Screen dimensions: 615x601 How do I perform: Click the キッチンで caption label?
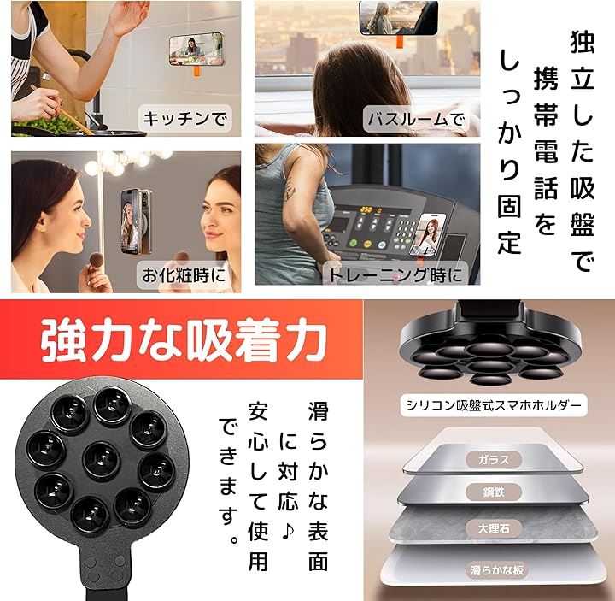(x=184, y=119)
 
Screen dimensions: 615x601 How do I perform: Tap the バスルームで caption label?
(x=416, y=119)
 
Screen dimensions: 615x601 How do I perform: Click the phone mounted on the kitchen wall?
(x=196, y=50)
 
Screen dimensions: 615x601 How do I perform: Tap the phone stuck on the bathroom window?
(x=399, y=18)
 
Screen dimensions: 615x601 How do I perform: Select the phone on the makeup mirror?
(x=136, y=221)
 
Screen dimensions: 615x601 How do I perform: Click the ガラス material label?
(x=494, y=460)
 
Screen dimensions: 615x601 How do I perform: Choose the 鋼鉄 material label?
(x=494, y=492)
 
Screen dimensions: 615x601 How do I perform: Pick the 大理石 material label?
(x=494, y=529)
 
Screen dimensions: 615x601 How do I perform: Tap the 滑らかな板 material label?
(x=496, y=570)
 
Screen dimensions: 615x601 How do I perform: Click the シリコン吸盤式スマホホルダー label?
(x=494, y=404)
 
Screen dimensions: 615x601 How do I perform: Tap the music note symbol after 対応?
(x=288, y=531)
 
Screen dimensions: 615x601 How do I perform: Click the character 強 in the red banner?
(x=62, y=339)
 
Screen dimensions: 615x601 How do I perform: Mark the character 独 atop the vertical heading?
(x=582, y=41)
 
